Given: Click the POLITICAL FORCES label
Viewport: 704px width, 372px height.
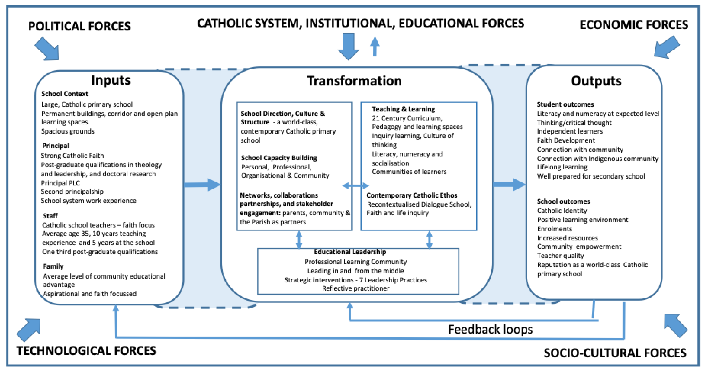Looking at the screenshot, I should [x=79, y=26].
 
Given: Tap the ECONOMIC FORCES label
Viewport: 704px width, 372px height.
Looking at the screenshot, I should [x=633, y=25].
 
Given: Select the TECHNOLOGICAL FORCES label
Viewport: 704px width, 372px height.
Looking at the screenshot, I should [x=86, y=351].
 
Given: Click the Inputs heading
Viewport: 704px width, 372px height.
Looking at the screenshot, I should [x=111, y=80].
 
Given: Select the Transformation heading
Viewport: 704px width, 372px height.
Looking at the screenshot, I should [x=354, y=81].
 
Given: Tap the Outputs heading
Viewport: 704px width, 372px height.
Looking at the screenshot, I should [x=596, y=81].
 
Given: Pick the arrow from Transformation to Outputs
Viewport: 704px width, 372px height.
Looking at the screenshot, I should [x=509, y=185].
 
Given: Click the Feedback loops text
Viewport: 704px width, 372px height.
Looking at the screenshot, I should [x=490, y=329].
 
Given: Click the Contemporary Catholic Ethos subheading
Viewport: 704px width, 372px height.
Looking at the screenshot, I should [x=412, y=195].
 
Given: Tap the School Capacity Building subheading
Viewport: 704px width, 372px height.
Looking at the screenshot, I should [x=279, y=158].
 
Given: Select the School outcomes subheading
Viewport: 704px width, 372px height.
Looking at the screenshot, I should [x=563, y=201].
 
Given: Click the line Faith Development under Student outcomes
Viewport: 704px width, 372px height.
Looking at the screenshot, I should [x=566, y=140].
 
